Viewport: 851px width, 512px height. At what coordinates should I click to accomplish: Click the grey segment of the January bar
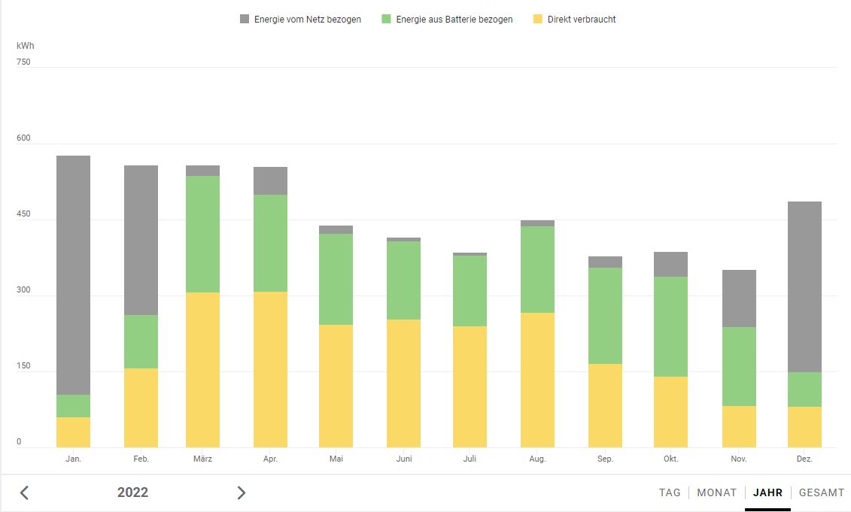73,274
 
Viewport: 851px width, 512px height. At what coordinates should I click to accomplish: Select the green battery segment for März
202,234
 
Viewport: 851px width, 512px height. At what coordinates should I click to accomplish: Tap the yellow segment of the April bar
270,369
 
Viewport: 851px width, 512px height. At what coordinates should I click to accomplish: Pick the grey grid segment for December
804,286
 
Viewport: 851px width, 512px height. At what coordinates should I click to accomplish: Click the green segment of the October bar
670,326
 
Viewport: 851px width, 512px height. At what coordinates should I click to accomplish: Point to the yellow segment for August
537,380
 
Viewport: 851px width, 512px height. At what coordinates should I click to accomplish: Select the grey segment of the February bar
141,240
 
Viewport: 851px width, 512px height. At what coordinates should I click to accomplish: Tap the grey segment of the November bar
739,298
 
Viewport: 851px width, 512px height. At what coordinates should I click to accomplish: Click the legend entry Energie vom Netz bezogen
300,20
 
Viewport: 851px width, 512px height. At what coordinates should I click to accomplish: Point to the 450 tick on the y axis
23,214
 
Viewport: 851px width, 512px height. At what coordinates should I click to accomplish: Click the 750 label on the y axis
23,62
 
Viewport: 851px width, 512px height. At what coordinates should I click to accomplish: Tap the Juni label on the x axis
404,459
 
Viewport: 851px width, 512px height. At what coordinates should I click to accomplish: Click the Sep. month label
605,459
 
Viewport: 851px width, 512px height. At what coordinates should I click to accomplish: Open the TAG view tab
670,492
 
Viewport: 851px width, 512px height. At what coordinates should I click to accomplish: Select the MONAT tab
716,492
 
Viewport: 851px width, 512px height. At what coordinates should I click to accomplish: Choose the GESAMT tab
822,492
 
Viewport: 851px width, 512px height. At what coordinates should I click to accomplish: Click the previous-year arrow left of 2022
24,492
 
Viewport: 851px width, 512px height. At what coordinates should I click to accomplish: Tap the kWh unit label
25,46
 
